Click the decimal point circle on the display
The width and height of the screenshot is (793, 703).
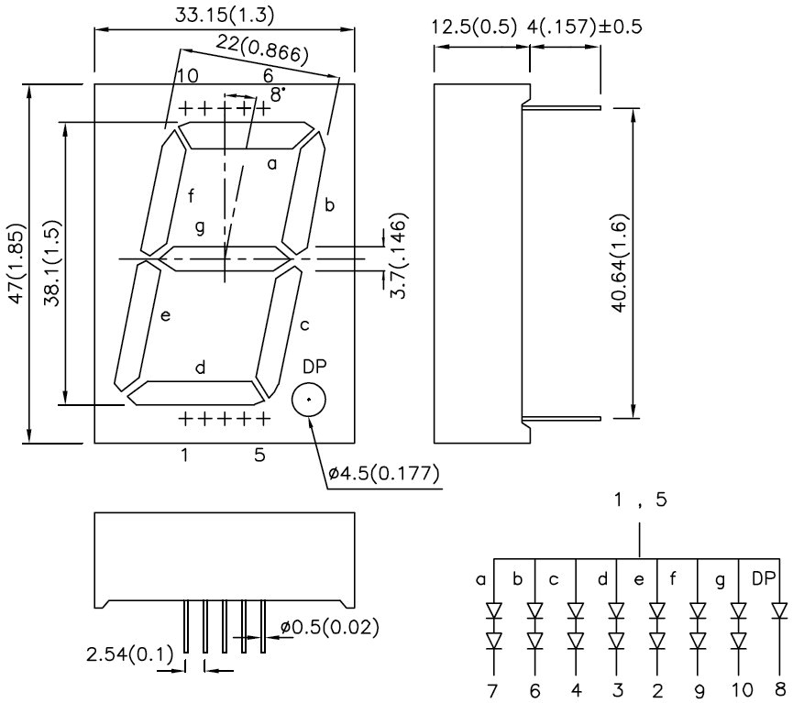[309, 401]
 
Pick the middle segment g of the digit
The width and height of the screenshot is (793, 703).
[225, 259]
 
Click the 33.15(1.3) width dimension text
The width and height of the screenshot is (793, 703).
[224, 14]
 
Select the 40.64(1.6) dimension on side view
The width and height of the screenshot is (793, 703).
[622, 261]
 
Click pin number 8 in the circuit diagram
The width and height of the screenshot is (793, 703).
[781, 688]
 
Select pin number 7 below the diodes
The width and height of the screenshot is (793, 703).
[494, 688]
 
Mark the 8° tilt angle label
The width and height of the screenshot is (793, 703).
[276, 93]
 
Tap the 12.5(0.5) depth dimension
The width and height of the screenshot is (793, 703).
[474, 25]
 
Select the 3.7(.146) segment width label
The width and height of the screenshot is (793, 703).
[398, 256]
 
